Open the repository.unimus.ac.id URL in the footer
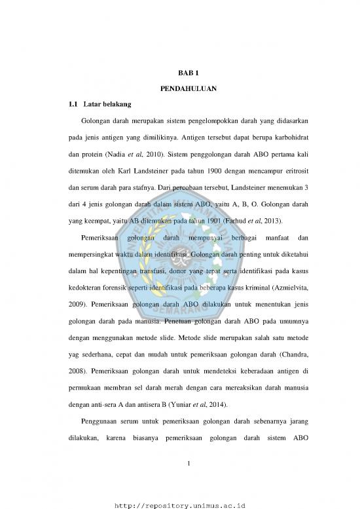pos(179,504)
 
